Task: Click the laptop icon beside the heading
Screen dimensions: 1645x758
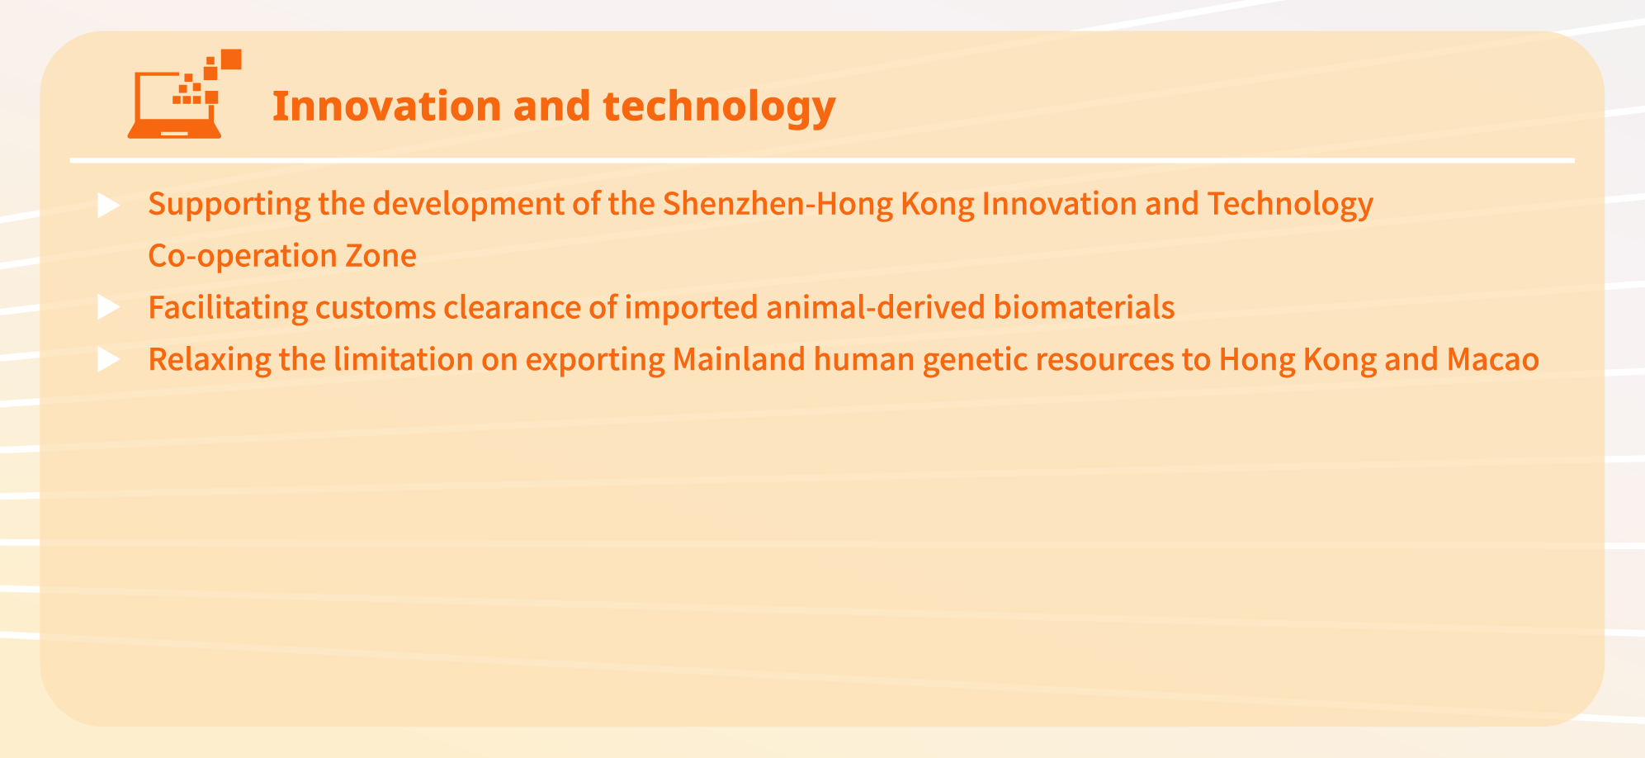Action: [184, 94]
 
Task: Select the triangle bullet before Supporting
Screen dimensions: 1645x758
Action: [109, 205]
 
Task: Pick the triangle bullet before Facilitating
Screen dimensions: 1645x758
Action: [109, 308]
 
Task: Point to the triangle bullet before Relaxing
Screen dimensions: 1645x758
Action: [109, 360]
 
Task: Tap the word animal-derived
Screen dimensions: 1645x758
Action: [876, 308]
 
